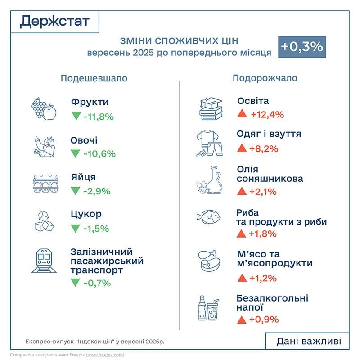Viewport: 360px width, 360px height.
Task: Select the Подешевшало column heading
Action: point(94,78)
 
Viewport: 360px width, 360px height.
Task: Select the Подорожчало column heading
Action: point(265,78)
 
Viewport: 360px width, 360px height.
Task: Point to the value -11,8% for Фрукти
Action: point(99,117)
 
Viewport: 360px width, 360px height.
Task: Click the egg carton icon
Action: point(45,183)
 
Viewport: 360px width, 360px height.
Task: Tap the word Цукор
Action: point(86,213)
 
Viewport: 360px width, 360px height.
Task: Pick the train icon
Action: point(44,261)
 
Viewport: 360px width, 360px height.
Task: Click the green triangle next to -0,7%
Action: point(75,283)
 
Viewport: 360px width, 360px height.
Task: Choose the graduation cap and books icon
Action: point(211,108)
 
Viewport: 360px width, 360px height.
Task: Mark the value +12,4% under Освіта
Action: point(267,114)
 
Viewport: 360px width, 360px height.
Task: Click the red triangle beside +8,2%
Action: point(242,148)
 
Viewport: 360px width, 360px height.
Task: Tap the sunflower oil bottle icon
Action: point(210,180)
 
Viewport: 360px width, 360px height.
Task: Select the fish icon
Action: point(208,217)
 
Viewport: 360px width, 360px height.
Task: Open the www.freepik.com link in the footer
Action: point(105,355)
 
